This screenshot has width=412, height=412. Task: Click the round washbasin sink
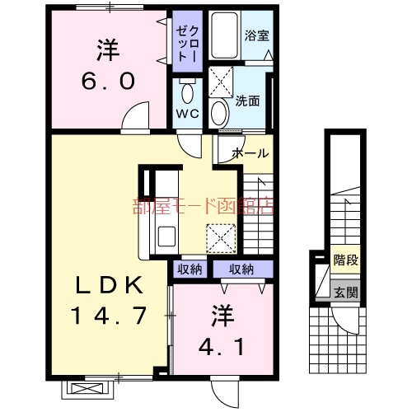tap(219, 111)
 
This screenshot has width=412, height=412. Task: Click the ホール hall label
tap(249, 152)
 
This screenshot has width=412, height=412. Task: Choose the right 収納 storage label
tap(241, 269)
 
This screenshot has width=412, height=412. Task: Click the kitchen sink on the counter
tap(160, 234)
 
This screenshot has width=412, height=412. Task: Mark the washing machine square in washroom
tap(221, 82)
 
